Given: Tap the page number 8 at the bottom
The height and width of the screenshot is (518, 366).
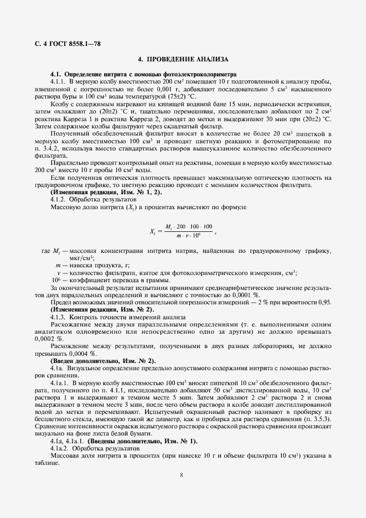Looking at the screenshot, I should (182, 474).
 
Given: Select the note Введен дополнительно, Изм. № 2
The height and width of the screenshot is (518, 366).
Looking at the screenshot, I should (102, 360).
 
